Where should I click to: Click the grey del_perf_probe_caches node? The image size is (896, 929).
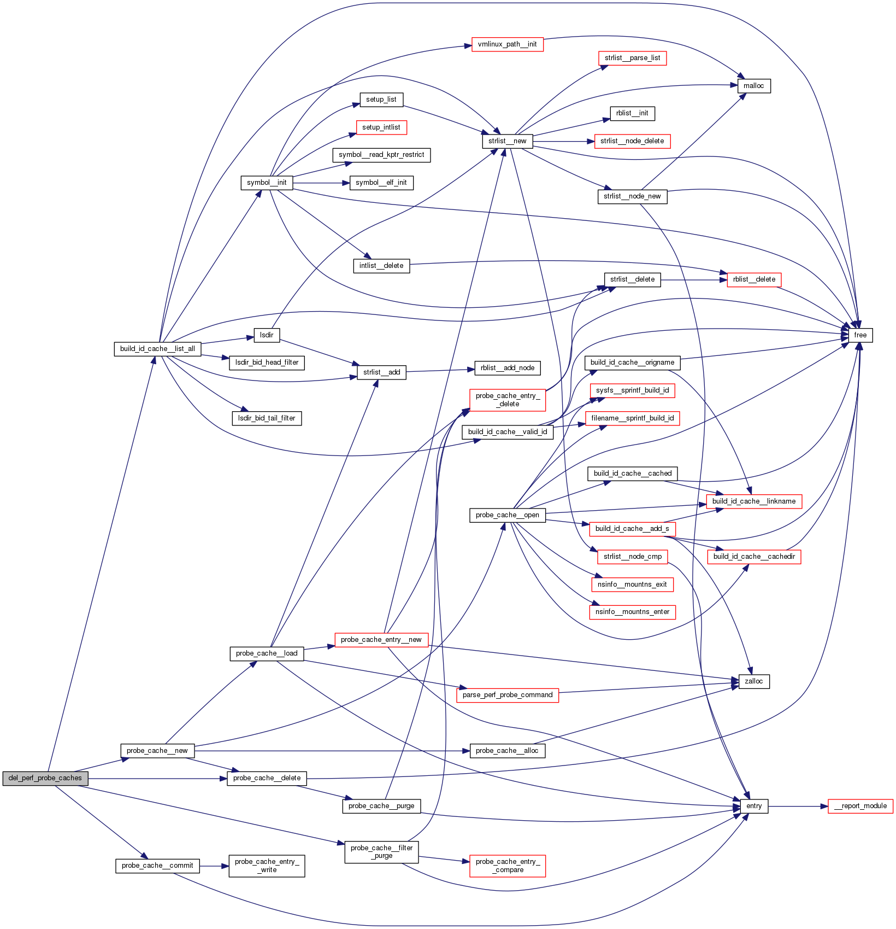(x=45, y=778)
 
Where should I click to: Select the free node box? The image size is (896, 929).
(x=860, y=335)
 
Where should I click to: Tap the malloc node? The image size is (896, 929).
(x=753, y=86)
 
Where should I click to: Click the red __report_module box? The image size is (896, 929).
(x=860, y=806)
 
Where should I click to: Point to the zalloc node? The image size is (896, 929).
(x=753, y=681)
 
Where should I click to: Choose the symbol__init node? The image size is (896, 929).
(x=267, y=183)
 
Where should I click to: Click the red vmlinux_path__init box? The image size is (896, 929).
(x=507, y=44)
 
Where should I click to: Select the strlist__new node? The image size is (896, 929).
(x=507, y=141)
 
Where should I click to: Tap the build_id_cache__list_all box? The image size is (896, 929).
(x=157, y=349)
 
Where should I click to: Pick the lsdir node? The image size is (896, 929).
(x=267, y=335)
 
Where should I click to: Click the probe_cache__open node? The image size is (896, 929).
(x=507, y=515)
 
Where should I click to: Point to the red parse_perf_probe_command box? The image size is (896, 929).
(x=507, y=695)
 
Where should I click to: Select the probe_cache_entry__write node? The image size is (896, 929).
(x=267, y=866)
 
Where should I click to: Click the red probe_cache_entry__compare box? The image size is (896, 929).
(x=507, y=866)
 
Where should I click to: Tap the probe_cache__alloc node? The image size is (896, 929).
(x=507, y=751)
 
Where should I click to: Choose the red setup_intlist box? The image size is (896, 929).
(x=381, y=127)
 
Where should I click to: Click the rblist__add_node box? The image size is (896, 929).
(x=507, y=368)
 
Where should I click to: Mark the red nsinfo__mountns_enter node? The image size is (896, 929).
(x=632, y=612)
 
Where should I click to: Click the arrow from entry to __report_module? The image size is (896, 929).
(x=798, y=806)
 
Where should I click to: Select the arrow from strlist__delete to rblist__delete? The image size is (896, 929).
(x=694, y=279)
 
